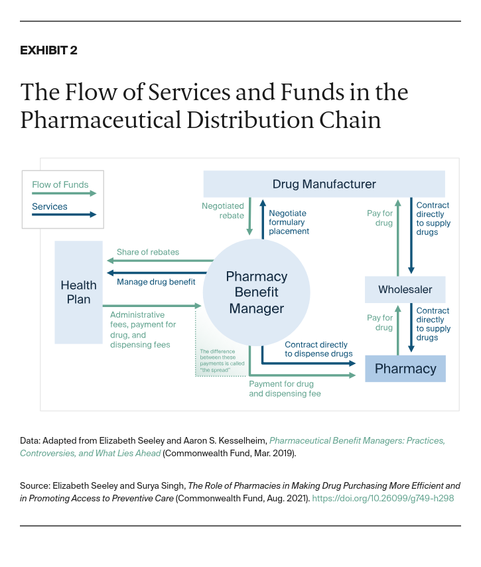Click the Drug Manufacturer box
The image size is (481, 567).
click(324, 184)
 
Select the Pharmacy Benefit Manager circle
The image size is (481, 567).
click(256, 292)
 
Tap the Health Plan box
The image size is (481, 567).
click(78, 292)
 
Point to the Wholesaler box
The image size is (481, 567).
click(405, 290)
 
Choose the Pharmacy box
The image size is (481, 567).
click(405, 369)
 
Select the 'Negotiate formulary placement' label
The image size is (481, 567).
click(289, 222)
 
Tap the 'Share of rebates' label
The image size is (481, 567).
click(147, 252)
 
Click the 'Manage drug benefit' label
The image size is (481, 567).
click(156, 282)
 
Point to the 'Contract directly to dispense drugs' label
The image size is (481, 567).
click(318, 349)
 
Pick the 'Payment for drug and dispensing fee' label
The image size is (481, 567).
click(285, 389)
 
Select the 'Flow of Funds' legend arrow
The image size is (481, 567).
click(64, 194)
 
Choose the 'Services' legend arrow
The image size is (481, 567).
click(64, 214)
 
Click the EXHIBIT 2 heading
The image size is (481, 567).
click(48, 50)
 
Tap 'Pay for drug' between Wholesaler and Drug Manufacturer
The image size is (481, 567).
click(379, 218)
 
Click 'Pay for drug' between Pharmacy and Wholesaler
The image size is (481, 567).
click(379, 322)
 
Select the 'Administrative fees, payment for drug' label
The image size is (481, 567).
click(143, 325)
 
